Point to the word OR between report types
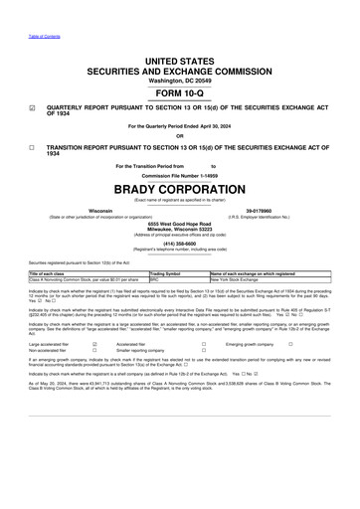[x=180, y=136]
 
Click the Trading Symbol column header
[x=163, y=272]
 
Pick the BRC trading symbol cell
[x=153, y=279]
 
